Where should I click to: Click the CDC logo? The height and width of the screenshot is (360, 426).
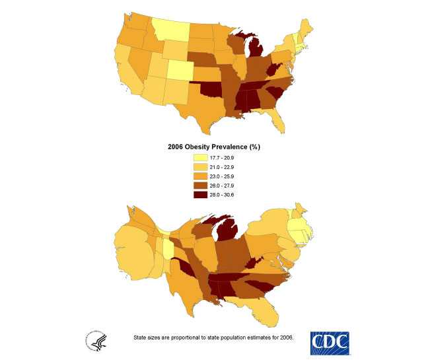coord(329,342)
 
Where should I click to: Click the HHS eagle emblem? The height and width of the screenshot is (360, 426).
coord(94,341)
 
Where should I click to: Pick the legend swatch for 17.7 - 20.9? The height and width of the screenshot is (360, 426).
coord(200,159)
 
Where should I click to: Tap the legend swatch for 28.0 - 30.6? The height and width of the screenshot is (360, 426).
coord(200,196)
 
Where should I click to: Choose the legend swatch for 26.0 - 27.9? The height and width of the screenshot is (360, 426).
coord(200,187)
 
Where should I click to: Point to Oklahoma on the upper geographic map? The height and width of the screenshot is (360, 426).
coord(210,89)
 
